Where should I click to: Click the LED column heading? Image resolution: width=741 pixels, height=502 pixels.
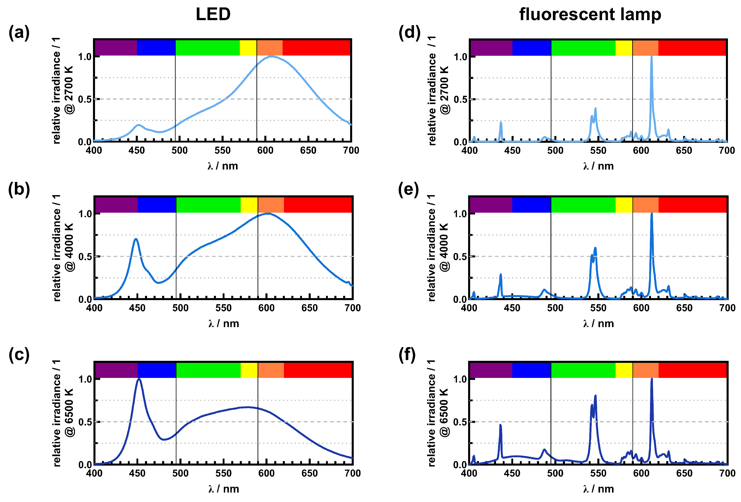point(213,14)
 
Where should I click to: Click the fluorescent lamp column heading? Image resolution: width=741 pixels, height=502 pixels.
point(590,14)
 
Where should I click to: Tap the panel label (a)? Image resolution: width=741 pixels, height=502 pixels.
point(19,33)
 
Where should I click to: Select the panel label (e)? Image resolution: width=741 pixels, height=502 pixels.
point(408,190)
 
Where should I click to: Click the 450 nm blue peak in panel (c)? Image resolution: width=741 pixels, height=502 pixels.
point(139,379)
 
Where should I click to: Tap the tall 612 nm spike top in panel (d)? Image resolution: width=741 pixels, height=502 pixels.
point(651,57)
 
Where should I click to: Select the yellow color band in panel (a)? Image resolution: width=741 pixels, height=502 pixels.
point(248,48)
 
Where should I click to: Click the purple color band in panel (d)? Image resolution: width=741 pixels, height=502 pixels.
point(491,48)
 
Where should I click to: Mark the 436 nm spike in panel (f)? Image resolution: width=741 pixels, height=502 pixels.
point(500,425)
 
